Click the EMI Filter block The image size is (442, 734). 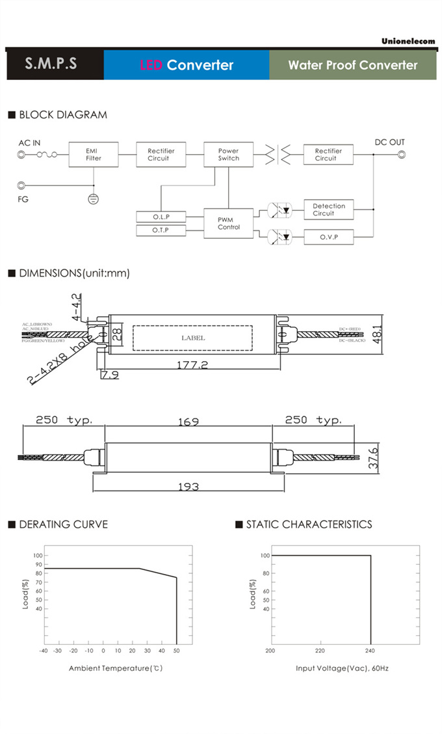(x=93, y=155)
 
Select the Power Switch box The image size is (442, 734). (x=228, y=155)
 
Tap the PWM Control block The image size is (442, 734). (x=228, y=223)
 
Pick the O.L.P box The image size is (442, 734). (x=161, y=217)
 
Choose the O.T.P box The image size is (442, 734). (x=161, y=231)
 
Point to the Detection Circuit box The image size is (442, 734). (x=328, y=210)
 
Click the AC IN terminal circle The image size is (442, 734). (x=21, y=155)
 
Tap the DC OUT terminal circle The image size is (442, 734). (x=401, y=155)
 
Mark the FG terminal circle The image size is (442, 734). (x=21, y=185)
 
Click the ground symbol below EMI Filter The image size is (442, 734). (x=93, y=198)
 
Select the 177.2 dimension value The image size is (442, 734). (x=192, y=366)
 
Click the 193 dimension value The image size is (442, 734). (x=188, y=486)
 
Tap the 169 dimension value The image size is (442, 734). (x=188, y=422)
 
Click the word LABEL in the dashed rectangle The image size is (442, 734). (x=192, y=338)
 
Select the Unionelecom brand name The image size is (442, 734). (x=408, y=41)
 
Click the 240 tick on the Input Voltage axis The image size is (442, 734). (x=370, y=650)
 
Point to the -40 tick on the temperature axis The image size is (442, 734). (x=43, y=650)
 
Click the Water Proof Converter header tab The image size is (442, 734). (x=352, y=65)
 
